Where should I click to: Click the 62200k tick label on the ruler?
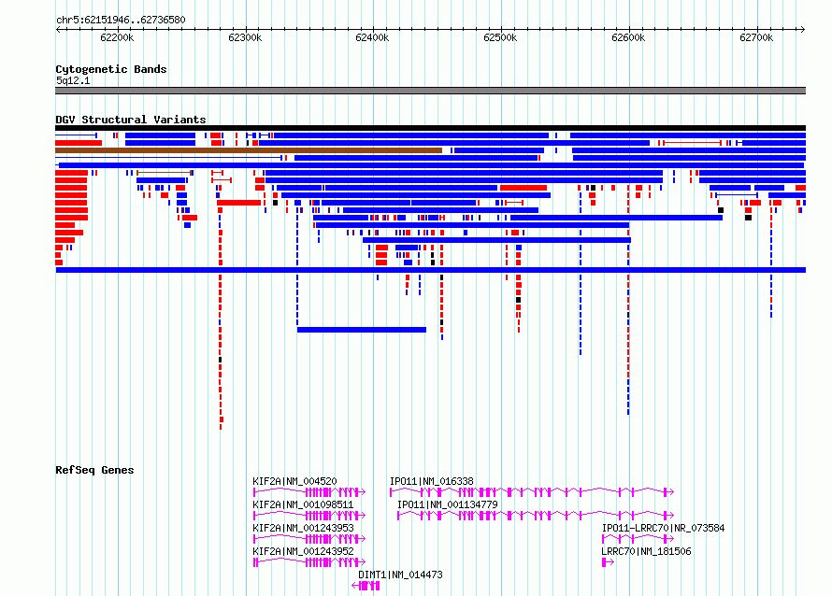(x=117, y=37)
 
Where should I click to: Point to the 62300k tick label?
(x=245, y=37)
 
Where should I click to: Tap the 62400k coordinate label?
(x=372, y=37)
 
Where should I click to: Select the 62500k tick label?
(x=500, y=37)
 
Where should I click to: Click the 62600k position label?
(x=628, y=37)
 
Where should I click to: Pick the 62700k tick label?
(x=756, y=37)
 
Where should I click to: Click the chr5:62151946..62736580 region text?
(x=121, y=21)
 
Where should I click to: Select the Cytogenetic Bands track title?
(x=111, y=69)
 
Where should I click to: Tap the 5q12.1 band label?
(x=73, y=80)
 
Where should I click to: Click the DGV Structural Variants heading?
(x=131, y=120)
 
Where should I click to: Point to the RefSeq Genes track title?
(x=94, y=470)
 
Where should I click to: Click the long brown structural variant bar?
(x=249, y=150)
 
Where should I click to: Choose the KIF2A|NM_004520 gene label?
(x=294, y=481)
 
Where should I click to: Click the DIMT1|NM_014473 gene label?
(x=400, y=575)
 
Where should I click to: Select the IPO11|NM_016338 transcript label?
(x=431, y=481)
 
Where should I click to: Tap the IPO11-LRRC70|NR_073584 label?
(x=663, y=528)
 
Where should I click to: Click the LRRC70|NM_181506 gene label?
(x=646, y=551)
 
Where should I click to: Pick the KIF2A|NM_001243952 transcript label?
(x=303, y=551)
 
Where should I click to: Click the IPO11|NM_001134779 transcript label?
(x=447, y=504)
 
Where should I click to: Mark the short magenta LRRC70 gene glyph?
(x=608, y=562)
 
